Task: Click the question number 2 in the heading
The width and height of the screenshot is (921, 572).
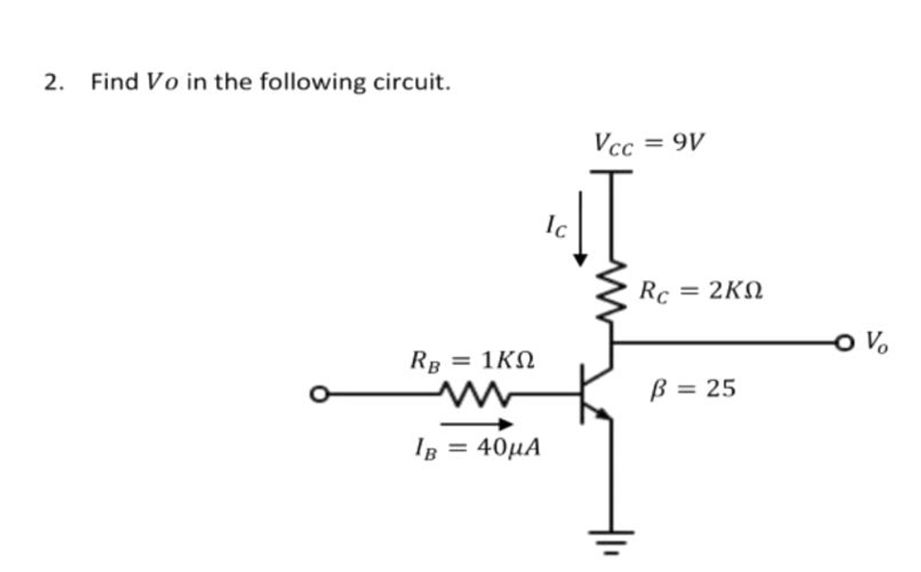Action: (x=51, y=83)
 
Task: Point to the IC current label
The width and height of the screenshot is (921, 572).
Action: (x=555, y=228)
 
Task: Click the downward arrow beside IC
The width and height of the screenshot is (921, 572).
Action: (x=581, y=227)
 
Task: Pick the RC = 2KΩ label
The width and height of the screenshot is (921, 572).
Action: (x=701, y=291)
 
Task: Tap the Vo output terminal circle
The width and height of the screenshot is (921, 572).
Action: (x=844, y=342)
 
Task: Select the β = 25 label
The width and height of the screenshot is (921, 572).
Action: (x=695, y=388)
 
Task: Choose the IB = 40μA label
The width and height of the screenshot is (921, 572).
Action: (x=478, y=447)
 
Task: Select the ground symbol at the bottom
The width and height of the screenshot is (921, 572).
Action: (x=612, y=538)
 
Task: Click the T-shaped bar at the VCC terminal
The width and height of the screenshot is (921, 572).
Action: (x=612, y=172)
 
